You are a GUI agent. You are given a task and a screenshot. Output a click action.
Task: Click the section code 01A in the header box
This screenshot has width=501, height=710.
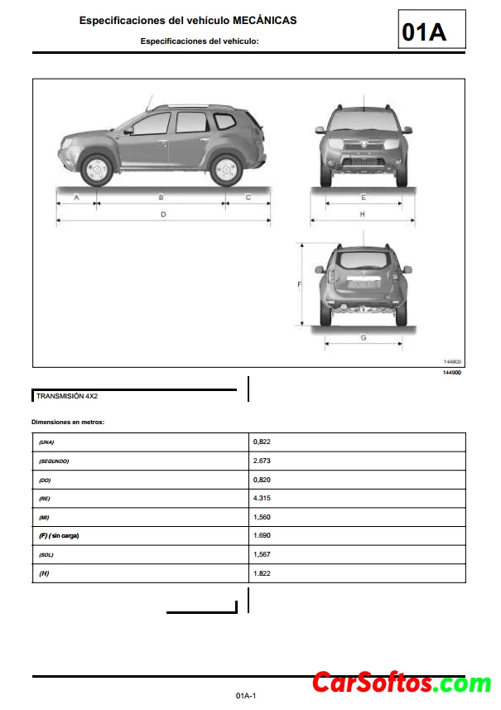pos(424,31)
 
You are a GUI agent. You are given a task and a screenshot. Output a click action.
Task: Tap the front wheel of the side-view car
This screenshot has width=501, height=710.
pos(97,169)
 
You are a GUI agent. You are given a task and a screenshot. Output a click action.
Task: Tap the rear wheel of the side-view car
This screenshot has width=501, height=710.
pos(225,169)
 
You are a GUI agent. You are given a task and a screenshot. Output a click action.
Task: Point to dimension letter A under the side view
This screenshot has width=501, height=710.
pos(76,197)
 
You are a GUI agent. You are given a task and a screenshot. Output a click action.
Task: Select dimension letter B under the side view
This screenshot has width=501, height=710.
pos(161,197)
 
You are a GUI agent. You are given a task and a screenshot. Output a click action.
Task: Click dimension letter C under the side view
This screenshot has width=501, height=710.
pos(248,197)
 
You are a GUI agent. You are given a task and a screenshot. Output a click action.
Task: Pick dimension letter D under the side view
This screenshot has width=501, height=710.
pos(163,215)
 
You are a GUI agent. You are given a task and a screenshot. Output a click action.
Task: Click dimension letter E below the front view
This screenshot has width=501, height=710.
pos(364,197)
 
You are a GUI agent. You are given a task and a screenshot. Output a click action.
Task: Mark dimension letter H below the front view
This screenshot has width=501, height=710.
pos(363,215)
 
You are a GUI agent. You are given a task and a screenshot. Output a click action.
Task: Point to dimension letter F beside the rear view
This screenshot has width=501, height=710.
pos(299,284)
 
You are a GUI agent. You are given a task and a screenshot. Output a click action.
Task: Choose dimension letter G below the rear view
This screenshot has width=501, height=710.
pos(364,337)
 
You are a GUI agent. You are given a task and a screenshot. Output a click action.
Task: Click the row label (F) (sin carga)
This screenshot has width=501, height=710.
pos(59,536)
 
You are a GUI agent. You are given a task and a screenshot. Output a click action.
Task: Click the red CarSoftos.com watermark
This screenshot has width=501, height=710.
pos(401,683)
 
